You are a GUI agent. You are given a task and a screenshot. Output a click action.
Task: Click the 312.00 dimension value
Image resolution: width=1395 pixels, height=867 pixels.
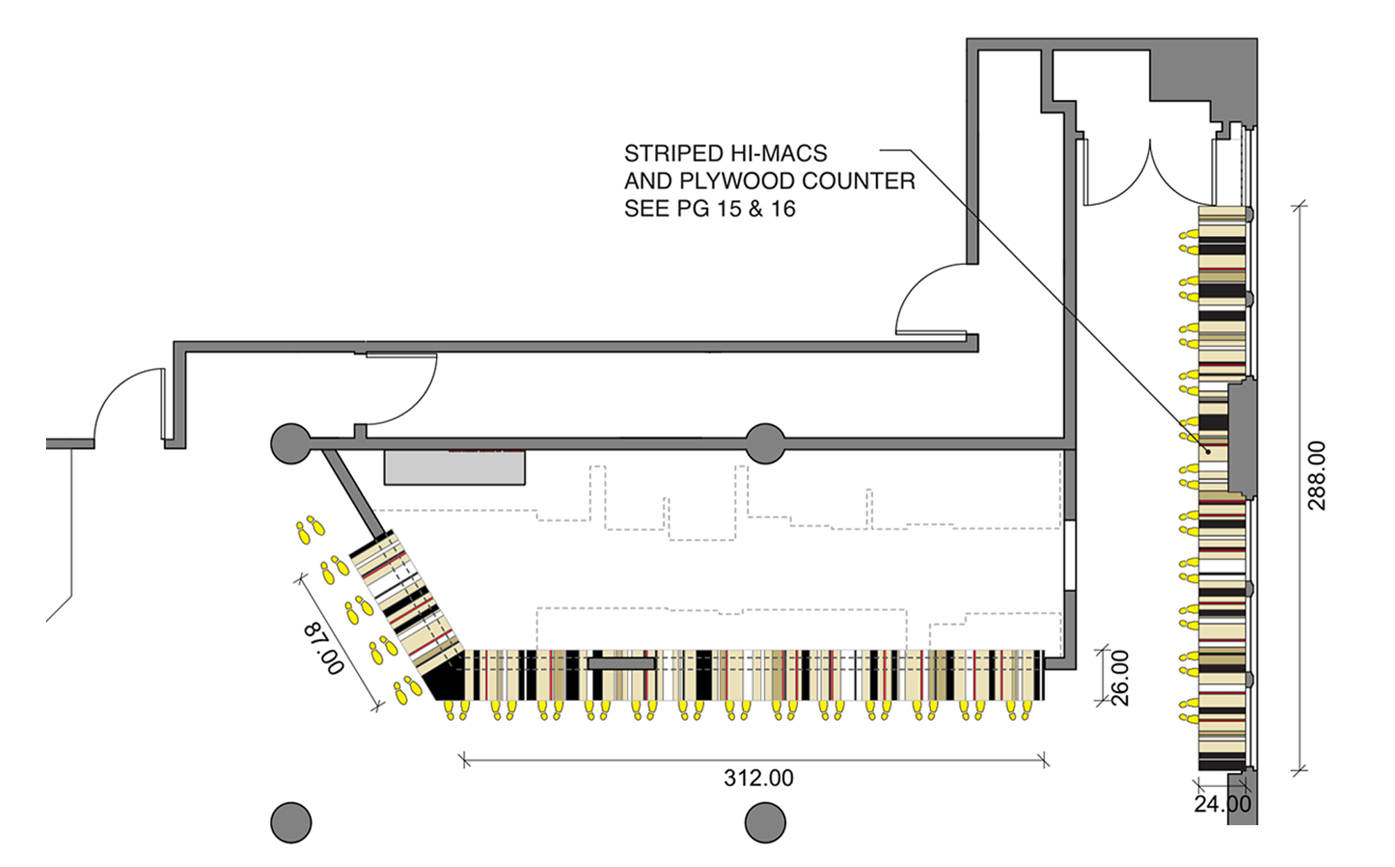click(x=758, y=778)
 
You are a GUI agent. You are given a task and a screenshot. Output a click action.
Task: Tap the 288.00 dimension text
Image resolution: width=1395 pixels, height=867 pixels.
click(x=1316, y=476)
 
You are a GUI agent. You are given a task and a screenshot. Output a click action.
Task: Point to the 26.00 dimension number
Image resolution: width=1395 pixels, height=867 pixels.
click(x=1119, y=678)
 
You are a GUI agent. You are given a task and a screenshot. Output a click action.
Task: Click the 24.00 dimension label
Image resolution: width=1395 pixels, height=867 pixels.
click(x=1222, y=804)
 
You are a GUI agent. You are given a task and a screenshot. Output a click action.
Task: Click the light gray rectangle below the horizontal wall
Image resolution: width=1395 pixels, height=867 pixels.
click(x=455, y=467)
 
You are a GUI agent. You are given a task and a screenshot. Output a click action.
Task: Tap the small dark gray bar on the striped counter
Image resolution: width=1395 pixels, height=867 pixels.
click(x=621, y=663)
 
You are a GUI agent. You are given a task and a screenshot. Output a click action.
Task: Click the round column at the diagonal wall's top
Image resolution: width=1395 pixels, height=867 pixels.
click(x=291, y=444)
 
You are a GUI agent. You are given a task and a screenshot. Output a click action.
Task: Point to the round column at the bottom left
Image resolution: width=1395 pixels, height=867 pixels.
click(x=291, y=822)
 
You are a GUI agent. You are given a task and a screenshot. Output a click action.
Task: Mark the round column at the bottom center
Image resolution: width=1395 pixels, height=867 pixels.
click(x=765, y=822)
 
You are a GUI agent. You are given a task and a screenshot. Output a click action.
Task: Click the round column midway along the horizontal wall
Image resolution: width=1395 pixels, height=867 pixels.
click(x=765, y=444)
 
